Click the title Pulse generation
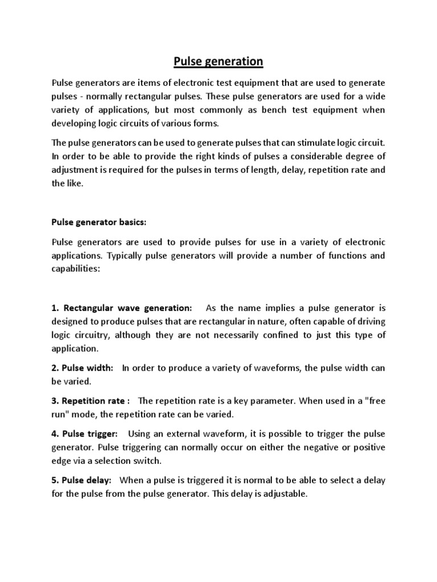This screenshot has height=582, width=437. (218, 61)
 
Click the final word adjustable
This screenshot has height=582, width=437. (286, 494)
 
